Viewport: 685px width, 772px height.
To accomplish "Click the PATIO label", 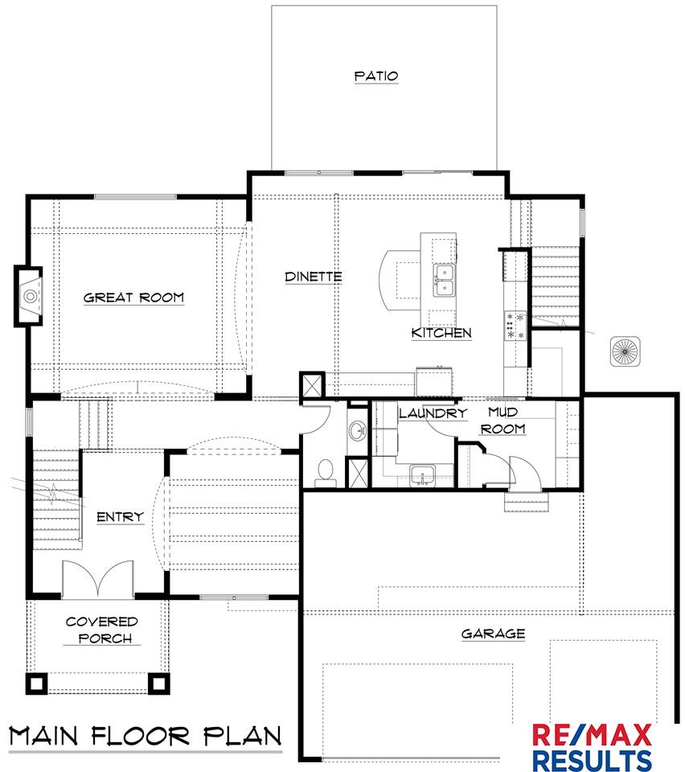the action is point(376,76).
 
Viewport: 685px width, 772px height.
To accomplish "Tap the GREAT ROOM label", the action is point(133,298).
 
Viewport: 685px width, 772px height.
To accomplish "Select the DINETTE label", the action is point(314,277).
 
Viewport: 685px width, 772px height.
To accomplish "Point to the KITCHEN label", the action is point(441,333).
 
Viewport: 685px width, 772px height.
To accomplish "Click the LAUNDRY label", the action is point(433,413).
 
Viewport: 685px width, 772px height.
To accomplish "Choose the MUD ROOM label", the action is point(503,420).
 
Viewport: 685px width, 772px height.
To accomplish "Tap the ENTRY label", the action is point(120,517).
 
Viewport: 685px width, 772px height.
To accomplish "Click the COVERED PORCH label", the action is point(102,630).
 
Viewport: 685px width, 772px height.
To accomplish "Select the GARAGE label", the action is point(493,634).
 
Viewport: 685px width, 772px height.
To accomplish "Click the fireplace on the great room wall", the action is point(29,296).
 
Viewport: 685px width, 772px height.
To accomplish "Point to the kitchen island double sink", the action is point(444,280).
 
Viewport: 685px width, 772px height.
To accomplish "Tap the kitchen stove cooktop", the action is point(515,325).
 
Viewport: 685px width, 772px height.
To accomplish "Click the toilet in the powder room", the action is point(325,471).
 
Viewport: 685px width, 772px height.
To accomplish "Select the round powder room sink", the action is point(357,431).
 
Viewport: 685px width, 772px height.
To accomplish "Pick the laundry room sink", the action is point(423,475).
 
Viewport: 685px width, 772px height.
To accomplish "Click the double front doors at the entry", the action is point(98,579).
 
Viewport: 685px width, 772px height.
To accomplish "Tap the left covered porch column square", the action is point(36,684).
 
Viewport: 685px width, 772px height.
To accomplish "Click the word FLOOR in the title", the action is point(140,736).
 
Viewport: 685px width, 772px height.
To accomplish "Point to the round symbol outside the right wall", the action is point(625,351).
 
